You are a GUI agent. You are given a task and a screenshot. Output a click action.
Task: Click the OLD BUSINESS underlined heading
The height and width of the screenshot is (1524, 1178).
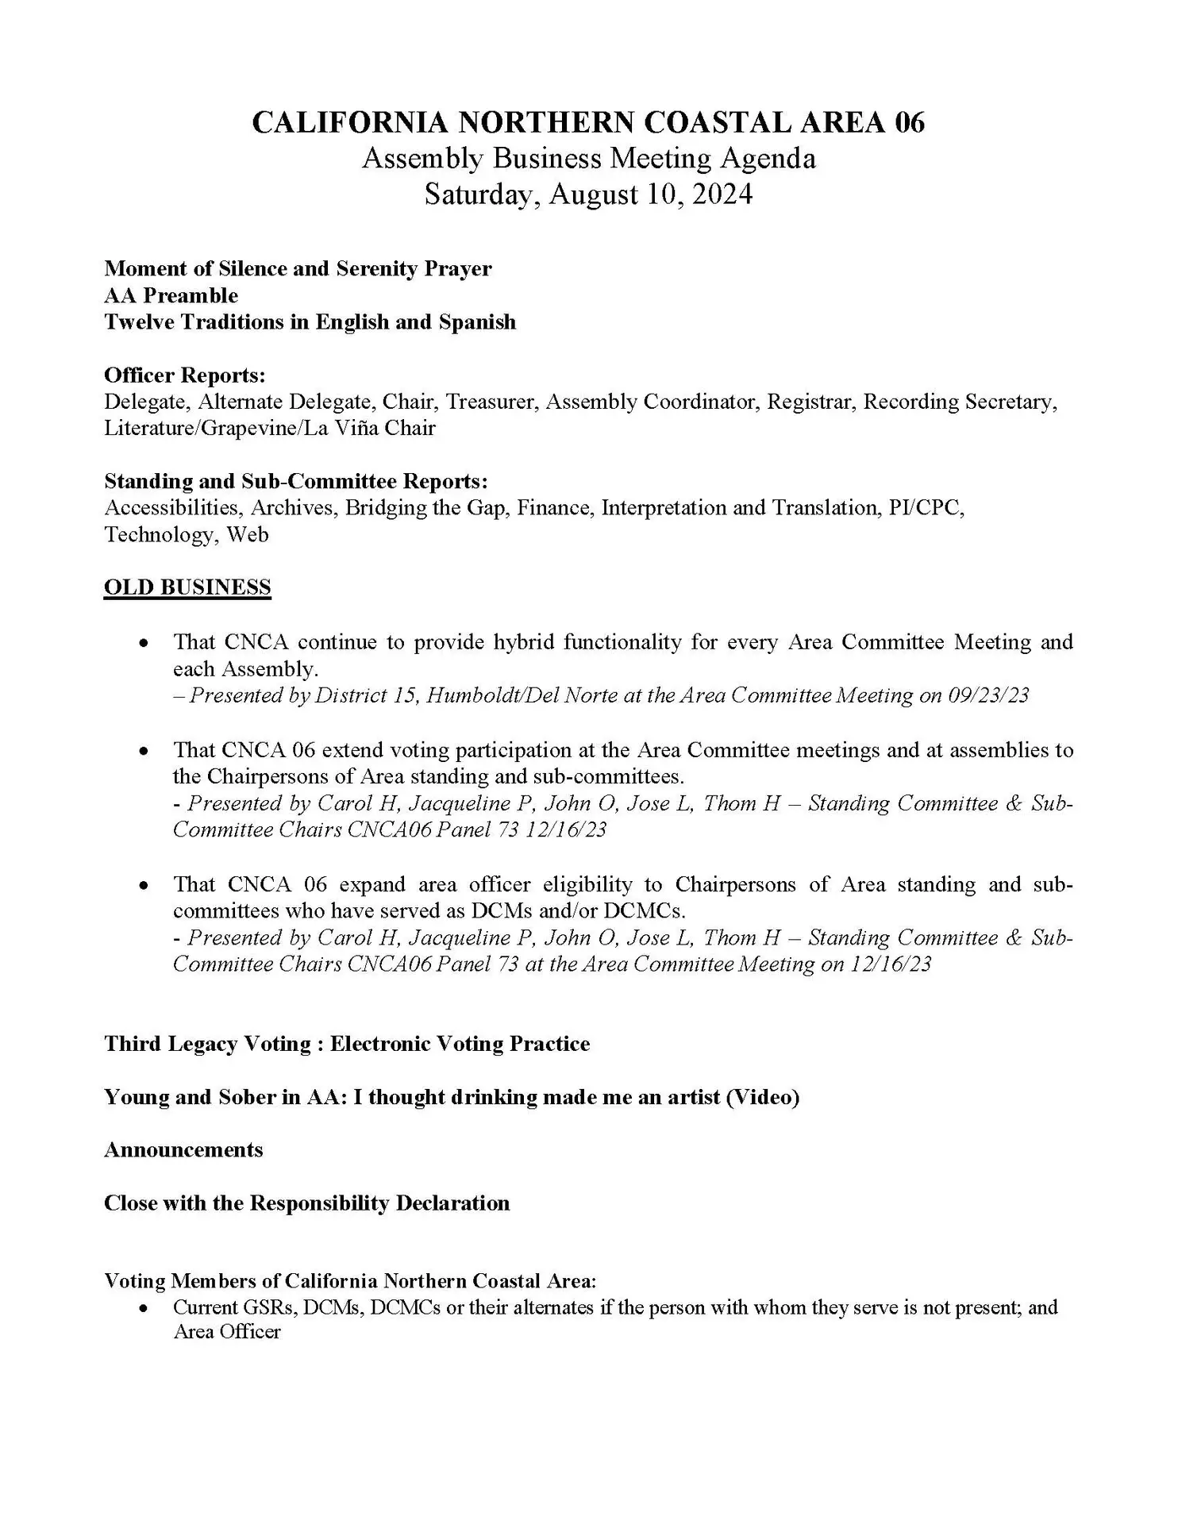coord(187,587)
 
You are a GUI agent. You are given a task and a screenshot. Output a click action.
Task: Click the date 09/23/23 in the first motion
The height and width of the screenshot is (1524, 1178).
coord(988,695)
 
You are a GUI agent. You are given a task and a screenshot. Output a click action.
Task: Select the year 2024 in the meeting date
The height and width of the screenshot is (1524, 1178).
coord(722,194)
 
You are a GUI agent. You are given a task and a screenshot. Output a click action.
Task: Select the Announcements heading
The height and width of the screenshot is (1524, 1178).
coord(183,1150)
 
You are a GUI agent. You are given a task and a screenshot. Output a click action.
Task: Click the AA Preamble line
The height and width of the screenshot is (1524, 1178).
coord(171,296)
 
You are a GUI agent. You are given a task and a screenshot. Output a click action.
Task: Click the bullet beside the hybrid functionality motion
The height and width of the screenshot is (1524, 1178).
coord(144,643)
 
